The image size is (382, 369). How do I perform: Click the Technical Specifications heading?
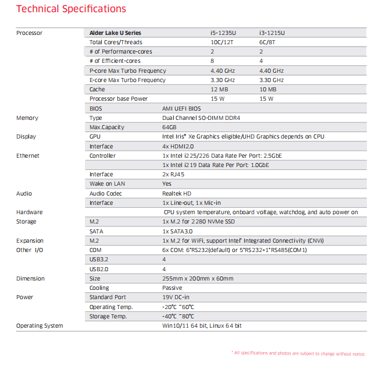coord(71,9)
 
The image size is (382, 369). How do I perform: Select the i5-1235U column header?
coord(224,33)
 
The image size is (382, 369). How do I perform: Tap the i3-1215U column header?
coord(272,33)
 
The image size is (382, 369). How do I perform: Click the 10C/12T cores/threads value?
coord(223,42)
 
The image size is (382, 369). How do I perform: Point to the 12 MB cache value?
coord(220,90)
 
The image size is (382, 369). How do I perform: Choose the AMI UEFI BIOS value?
coord(181,108)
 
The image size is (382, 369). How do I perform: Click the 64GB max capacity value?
coord(169,127)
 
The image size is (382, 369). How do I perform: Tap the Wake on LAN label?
coord(107,184)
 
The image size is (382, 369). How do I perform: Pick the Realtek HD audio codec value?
coord(177,193)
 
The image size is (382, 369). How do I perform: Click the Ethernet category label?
coord(28,155)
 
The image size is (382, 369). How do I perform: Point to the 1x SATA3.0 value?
coord(177,231)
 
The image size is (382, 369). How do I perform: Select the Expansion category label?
coord(30,240)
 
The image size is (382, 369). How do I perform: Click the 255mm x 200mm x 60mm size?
coord(198,279)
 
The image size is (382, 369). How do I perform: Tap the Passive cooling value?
coord(172,288)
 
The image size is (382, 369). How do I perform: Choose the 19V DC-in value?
coord(176,297)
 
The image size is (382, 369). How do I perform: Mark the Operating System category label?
coord(40,326)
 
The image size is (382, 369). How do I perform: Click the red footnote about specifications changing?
coord(298,353)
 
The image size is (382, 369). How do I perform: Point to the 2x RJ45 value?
coord(173,175)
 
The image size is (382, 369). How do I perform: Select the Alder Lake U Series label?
coord(115,33)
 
